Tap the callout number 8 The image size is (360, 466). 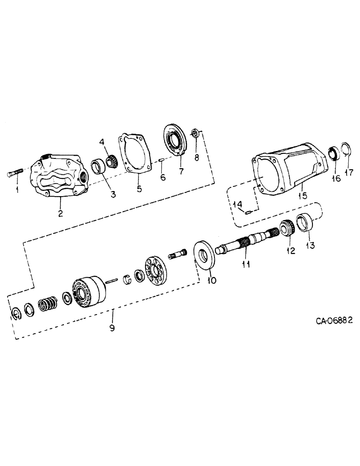(196, 158)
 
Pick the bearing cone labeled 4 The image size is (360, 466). (111, 162)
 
